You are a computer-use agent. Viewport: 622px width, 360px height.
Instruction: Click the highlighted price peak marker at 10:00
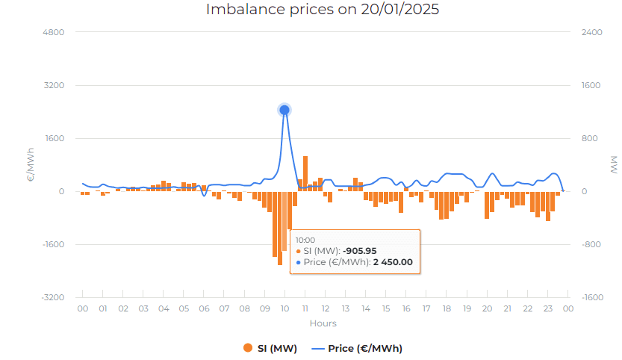coord(284,110)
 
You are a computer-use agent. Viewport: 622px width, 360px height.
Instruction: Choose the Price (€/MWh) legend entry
coord(358,348)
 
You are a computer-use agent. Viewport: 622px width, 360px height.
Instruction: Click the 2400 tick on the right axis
coord(591,32)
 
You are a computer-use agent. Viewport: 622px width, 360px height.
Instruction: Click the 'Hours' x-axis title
coord(323,323)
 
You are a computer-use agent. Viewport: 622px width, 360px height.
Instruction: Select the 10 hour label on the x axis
coord(284,308)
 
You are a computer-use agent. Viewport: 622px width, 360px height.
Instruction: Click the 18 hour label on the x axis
coord(447,308)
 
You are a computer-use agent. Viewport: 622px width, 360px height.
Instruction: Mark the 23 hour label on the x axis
coord(547,308)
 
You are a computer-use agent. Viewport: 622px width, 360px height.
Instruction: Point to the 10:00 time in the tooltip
coord(305,240)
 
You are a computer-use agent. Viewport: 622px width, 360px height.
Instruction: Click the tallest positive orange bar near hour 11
coord(305,173)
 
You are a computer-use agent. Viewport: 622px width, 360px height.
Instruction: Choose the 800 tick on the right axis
coord(590,138)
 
